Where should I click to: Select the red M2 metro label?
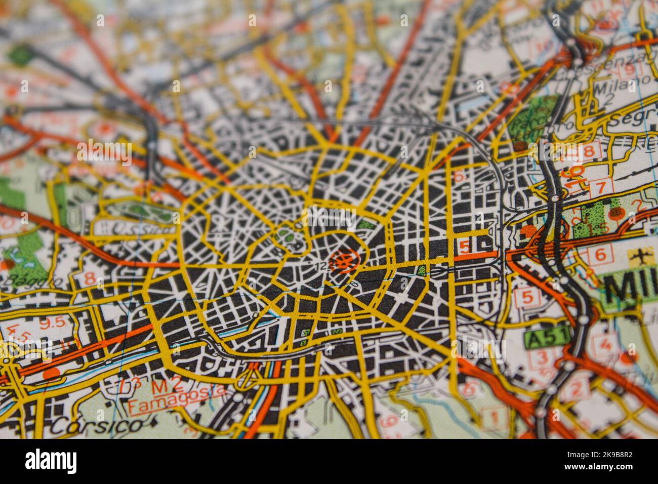coord(161,387)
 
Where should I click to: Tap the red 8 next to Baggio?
coord(90,278)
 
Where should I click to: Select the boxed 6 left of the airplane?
coord(600,255)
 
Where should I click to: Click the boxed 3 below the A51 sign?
coord(542,358)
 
